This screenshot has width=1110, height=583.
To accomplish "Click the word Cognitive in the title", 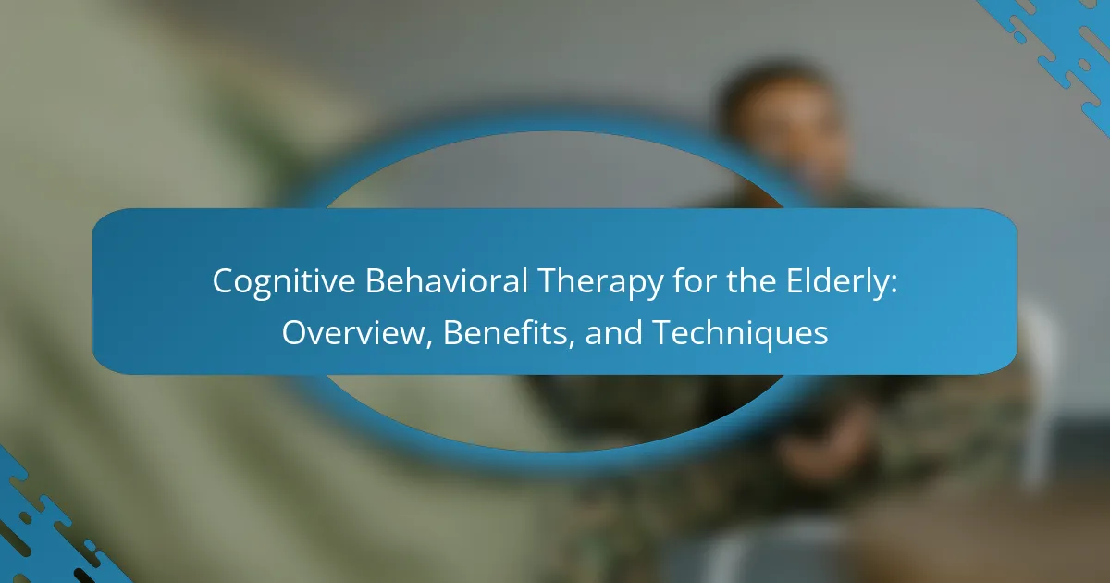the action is coord(284,281).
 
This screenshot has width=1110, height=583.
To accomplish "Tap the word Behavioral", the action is coord(447,280).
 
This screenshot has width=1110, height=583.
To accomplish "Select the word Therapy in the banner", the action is coord(600,282).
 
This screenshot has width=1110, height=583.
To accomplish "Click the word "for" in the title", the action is coord(694,280).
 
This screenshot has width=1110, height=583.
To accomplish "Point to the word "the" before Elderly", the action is coord(751,280).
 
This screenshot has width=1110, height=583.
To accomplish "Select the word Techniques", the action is coord(740,333).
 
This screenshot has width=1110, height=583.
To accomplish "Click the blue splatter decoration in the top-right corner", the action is coord(1055,44).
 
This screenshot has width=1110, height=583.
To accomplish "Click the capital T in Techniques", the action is coord(663,332).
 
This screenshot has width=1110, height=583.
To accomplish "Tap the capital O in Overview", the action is coord(296,332).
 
